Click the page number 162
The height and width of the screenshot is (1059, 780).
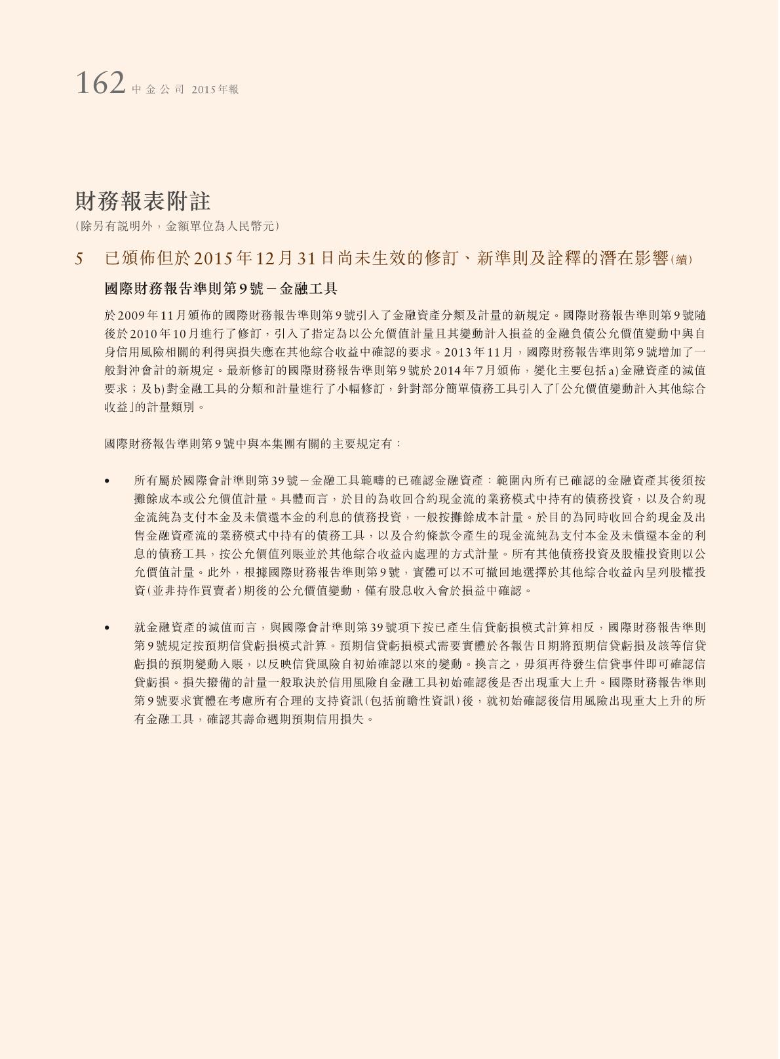(100, 84)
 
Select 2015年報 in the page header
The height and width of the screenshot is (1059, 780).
(215, 90)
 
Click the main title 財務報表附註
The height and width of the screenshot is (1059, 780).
(142, 201)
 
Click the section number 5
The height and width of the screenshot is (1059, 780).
(79, 259)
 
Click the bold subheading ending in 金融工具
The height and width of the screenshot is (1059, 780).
(221, 289)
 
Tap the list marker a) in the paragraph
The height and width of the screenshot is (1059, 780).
(614, 370)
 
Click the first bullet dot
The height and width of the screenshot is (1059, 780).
(107, 481)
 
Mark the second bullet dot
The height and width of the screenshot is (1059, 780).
(107, 628)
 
